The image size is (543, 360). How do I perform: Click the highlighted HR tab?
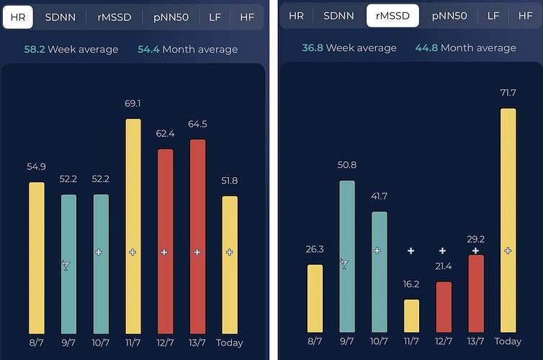(x=17, y=17)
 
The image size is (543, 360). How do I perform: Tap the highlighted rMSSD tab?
(x=392, y=16)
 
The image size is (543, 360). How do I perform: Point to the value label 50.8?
(x=347, y=165)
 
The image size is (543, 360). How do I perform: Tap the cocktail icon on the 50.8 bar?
(x=344, y=264)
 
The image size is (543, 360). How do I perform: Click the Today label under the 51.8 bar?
(x=229, y=343)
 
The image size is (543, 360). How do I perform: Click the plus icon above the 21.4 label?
(x=443, y=251)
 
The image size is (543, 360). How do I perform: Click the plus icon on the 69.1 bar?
(x=133, y=252)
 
